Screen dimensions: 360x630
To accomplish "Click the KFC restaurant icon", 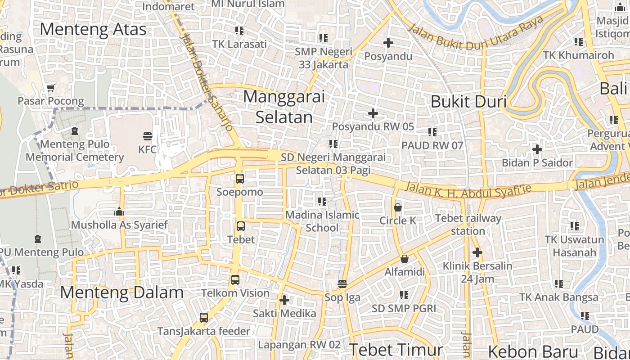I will click(x=148, y=136).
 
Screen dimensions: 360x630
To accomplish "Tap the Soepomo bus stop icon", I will click(x=240, y=178).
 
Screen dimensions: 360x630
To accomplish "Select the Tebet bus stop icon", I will click(x=241, y=226).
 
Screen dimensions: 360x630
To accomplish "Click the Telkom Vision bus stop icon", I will click(x=235, y=280).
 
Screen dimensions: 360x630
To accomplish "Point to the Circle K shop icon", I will click(x=398, y=207).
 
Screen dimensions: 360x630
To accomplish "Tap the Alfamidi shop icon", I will click(x=405, y=259).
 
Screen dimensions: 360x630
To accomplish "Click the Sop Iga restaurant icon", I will click(x=342, y=284).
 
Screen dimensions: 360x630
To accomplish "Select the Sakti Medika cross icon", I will click(x=284, y=300).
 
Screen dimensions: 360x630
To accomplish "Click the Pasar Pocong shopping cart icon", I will click(x=51, y=87).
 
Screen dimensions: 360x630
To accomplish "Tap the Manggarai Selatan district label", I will click(x=284, y=107).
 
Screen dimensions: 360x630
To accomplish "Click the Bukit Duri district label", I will click(x=468, y=102).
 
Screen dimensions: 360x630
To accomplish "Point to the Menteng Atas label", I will click(x=93, y=29).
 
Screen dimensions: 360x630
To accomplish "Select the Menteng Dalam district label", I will click(x=121, y=292).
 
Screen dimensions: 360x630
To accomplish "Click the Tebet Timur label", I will click(x=396, y=350).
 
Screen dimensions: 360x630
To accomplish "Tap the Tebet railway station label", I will click(x=468, y=225).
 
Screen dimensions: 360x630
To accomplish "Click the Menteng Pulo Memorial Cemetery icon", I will click(x=75, y=131).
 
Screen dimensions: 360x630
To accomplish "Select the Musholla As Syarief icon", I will click(x=119, y=211).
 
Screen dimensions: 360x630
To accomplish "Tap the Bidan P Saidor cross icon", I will click(x=537, y=149).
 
